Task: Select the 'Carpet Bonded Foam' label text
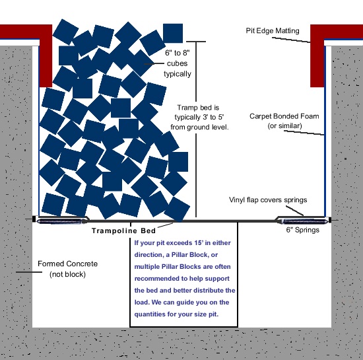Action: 284,116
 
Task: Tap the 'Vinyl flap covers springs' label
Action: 268,200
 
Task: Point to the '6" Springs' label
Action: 302,230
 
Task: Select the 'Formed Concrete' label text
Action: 64,264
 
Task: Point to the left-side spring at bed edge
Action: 63,220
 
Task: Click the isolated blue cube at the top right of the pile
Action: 172,33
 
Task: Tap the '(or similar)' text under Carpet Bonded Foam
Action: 284,126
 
